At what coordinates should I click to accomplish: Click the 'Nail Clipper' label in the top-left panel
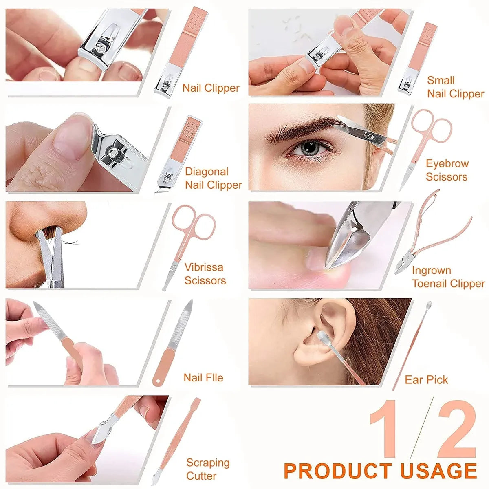[x=211, y=88]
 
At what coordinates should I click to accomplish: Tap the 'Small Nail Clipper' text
[x=455, y=87]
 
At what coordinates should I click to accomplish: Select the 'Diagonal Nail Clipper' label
[x=213, y=178]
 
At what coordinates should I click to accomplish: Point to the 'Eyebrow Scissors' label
[x=447, y=170]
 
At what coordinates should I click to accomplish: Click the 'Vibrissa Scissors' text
[x=205, y=274]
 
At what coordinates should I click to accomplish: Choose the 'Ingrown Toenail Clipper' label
[x=448, y=277]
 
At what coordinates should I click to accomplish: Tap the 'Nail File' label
[x=203, y=378]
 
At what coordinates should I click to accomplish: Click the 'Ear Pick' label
[x=426, y=380]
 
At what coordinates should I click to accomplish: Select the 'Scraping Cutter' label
[x=208, y=469]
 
